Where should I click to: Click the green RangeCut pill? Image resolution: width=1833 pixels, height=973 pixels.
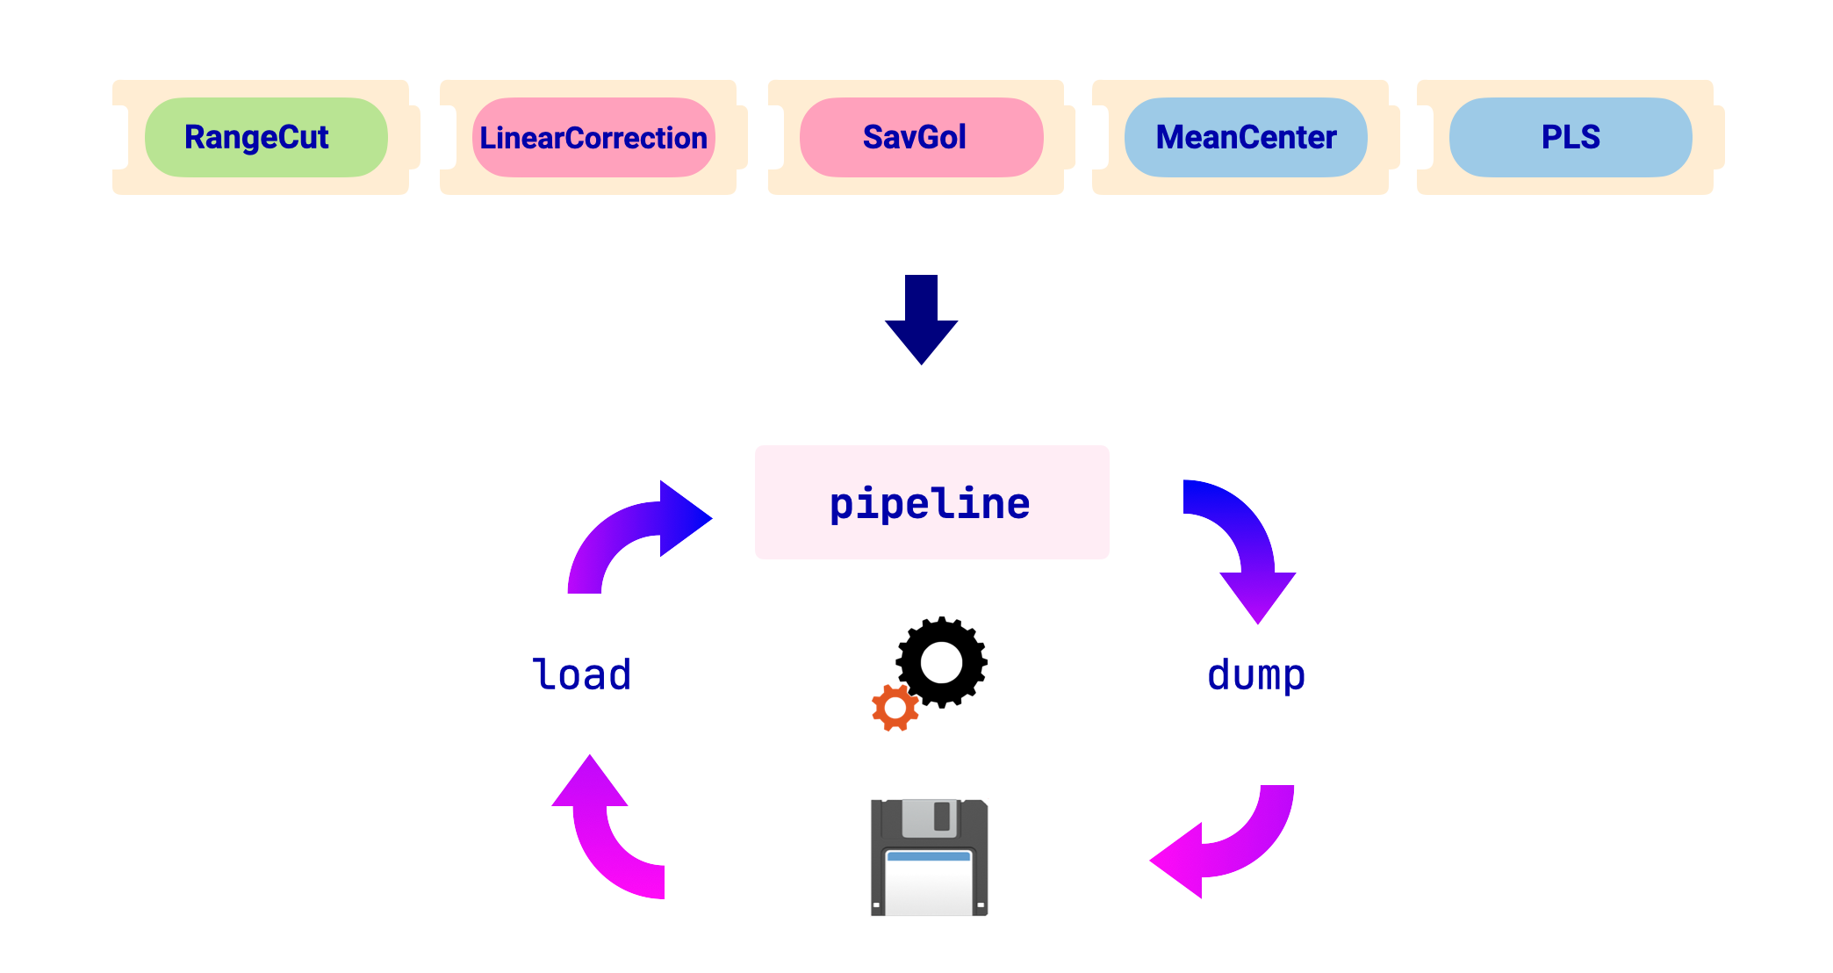click(265, 137)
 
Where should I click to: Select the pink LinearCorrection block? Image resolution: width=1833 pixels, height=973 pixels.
click(593, 137)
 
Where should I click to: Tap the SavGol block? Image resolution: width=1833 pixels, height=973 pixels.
click(921, 137)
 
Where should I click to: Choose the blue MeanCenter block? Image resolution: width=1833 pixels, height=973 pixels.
click(1246, 137)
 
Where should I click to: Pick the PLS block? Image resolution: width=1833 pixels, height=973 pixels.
click(1571, 137)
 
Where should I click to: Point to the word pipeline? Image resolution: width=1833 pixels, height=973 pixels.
click(930, 503)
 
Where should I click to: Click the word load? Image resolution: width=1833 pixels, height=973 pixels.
click(582, 674)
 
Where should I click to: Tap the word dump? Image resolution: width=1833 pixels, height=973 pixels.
click(1256, 675)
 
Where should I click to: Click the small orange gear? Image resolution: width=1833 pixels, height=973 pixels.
click(895, 708)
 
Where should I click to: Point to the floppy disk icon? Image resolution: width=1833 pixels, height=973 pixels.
click(929, 857)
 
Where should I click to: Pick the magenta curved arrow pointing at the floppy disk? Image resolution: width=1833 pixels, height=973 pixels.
click(1229, 843)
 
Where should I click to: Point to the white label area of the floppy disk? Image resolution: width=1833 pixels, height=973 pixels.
click(929, 883)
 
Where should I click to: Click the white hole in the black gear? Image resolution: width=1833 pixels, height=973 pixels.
click(942, 662)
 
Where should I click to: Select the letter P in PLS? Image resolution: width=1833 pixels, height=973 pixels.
click(1551, 137)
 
